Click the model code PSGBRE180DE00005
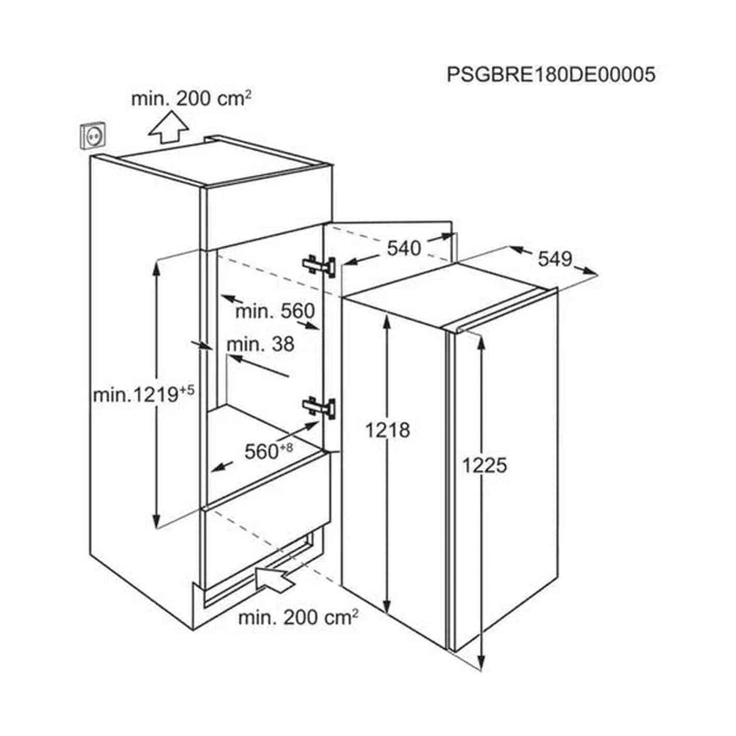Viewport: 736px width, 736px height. click(x=551, y=74)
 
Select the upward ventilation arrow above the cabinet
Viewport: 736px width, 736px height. click(x=168, y=127)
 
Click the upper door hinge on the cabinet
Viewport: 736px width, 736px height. click(x=319, y=265)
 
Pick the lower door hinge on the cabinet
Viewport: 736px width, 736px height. click(x=319, y=407)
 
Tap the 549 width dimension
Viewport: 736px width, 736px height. click(x=555, y=259)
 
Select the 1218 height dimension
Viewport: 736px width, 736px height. click(x=388, y=430)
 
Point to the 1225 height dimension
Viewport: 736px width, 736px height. click(x=484, y=466)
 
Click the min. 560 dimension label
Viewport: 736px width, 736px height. click(x=275, y=311)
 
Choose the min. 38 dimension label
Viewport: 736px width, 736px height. click(x=260, y=344)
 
